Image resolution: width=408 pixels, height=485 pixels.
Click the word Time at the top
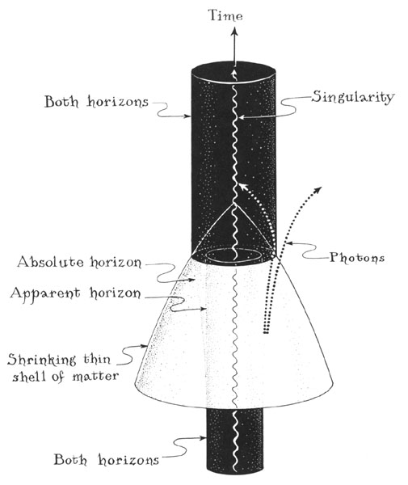pos(225,15)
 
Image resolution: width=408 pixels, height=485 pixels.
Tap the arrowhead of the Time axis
pos(234,31)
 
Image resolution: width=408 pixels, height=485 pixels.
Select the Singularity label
pos(353,98)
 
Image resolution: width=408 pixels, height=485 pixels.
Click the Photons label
pos(357,257)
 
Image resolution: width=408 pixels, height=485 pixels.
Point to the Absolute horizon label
pos(79,262)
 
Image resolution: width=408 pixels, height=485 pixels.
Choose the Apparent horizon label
pos(75,293)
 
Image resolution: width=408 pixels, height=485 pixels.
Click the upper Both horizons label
pos(96,102)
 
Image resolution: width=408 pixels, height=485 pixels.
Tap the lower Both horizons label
pos(107,460)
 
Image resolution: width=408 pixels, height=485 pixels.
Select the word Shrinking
pos(41,361)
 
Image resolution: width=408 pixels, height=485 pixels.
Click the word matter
pos(95,377)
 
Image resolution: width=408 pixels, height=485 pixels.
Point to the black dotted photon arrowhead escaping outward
pos(318,190)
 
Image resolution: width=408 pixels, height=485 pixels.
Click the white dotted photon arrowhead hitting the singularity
pos(243,187)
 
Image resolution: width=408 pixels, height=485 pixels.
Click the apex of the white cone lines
pos(234,204)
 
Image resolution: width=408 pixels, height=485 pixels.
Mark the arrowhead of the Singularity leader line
pos(242,117)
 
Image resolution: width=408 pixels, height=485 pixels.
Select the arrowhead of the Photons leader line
pos(288,243)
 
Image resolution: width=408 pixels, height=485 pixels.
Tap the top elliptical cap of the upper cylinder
pos(233,72)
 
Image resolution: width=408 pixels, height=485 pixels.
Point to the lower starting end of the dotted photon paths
pos(266,333)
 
